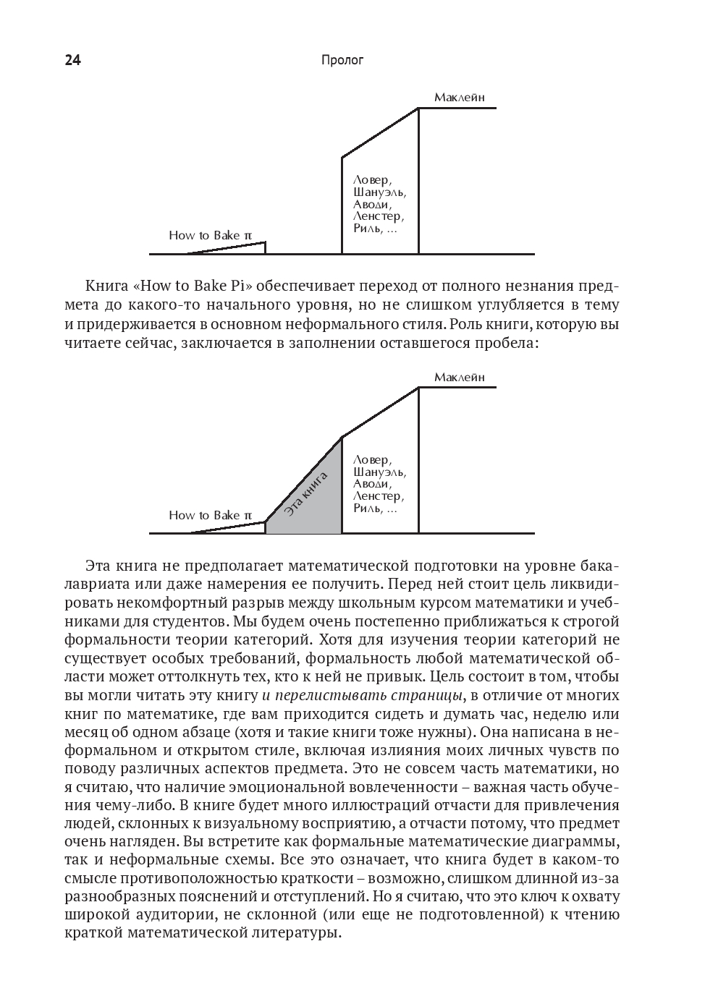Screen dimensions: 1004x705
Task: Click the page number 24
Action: click(x=72, y=61)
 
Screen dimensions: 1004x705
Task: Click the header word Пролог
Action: click(x=342, y=61)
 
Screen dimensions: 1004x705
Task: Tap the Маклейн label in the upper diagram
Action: click(x=459, y=98)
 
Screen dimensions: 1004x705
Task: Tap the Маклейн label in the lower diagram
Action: click(x=459, y=378)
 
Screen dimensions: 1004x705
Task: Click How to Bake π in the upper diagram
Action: click(x=210, y=235)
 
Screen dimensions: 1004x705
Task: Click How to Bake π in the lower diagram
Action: click(x=210, y=515)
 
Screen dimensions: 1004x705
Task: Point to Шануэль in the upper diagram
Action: click(x=379, y=192)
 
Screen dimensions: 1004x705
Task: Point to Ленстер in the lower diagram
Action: click(x=378, y=496)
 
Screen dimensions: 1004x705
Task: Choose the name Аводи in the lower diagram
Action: click(x=372, y=484)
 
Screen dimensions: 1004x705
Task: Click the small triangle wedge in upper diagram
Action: click(x=246, y=249)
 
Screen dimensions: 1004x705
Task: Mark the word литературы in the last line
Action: click(x=288, y=933)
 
